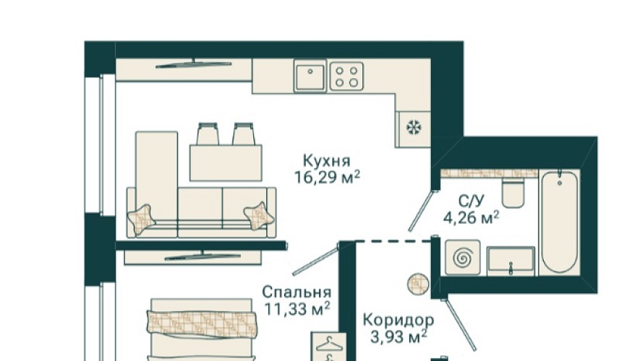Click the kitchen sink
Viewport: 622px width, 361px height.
point(310,76)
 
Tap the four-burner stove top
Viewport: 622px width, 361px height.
point(346,77)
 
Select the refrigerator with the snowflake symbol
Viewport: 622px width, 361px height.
point(413,129)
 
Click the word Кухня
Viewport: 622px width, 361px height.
point(326,161)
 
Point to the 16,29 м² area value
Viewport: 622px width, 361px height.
point(327,178)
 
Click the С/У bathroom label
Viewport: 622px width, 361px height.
point(472,201)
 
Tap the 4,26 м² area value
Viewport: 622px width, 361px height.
point(471,218)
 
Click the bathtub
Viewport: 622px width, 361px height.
point(559,221)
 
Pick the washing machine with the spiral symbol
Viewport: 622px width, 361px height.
point(463,258)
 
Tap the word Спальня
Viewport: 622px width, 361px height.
point(297,292)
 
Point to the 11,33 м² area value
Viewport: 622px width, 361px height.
point(297,309)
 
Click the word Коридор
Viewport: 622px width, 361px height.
point(399,320)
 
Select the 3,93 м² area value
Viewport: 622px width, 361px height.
point(399,337)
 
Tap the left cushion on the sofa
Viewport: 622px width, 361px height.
point(141,219)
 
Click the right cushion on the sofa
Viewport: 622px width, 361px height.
point(259,216)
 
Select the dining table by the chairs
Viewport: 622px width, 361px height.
point(226,163)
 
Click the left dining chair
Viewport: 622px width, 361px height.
point(208,134)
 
